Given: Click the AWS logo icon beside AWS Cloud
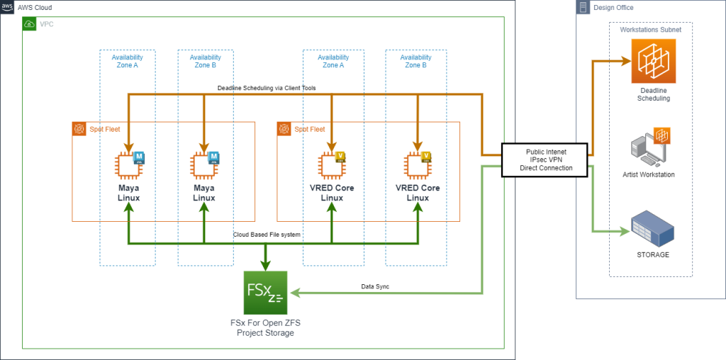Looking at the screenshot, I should pos(7,7).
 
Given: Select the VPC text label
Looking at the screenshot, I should pos(46,23).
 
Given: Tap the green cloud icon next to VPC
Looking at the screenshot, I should pos(30,23).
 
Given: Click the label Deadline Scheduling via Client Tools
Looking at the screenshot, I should pos(266,88).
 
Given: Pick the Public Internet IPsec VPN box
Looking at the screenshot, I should pos(544,159).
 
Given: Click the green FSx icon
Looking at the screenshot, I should pos(264,293).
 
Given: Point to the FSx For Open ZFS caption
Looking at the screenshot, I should pos(265,327).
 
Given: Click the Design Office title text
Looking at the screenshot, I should pos(613,8).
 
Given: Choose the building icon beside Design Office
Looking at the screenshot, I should pos(583,8).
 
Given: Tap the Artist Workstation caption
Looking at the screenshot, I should pos(649,174).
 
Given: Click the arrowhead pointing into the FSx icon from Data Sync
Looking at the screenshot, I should pos(294,293).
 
